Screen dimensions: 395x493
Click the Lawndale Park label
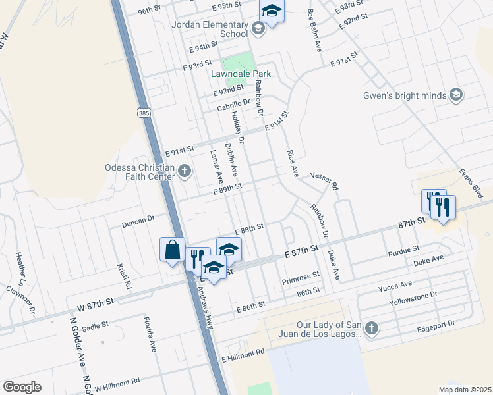(238, 74)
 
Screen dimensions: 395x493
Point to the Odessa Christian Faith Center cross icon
(185, 172)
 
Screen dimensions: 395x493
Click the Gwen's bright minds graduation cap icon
(455, 95)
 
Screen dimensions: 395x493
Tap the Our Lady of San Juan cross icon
(372, 328)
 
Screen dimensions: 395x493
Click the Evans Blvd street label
(473, 182)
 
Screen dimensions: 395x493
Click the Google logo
(22, 386)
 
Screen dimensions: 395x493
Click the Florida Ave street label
(150, 334)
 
